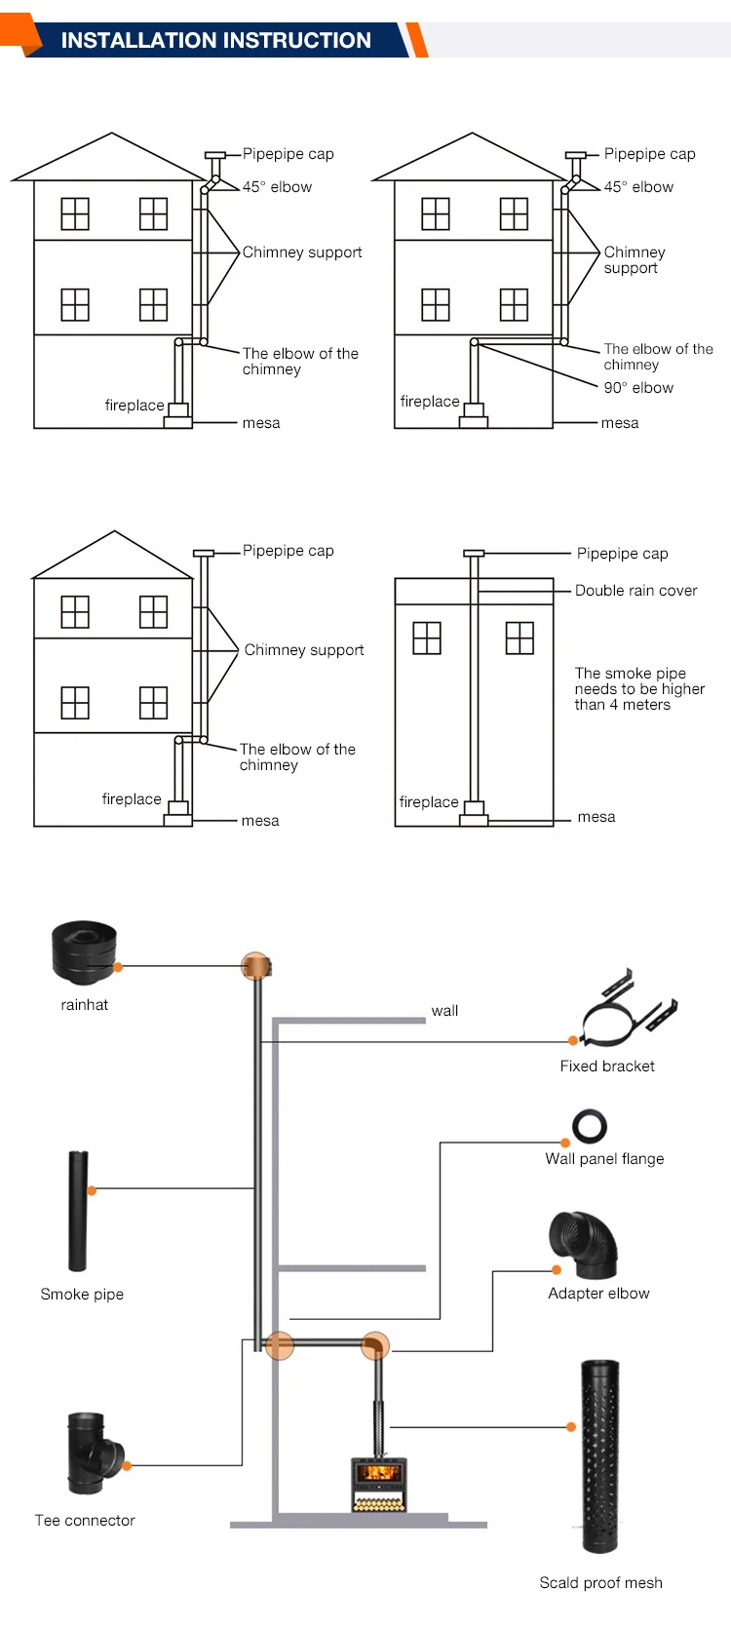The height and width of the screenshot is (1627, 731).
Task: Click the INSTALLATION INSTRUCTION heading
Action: coord(215,40)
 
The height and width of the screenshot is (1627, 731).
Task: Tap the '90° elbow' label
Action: coord(638,388)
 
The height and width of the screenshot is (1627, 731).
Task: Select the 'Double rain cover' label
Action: coord(635,591)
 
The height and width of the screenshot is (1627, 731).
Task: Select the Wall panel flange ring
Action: coord(590,1126)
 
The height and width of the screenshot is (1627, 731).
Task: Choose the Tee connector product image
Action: coord(93,1453)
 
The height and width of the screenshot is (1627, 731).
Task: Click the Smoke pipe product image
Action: coord(78,1211)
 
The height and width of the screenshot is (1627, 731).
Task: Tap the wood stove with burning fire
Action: coord(378,1484)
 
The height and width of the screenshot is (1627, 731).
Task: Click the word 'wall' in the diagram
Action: coord(444,1011)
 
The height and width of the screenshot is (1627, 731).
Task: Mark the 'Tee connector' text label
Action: coord(85,1521)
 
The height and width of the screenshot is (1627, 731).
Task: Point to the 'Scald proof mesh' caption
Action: coord(600,1583)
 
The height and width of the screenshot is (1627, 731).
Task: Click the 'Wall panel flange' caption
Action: coord(604,1159)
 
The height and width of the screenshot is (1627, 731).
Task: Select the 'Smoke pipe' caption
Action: coord(82,1295)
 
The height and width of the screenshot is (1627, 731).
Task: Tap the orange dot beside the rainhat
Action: coord(118,967)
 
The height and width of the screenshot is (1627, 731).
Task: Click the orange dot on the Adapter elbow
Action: coord(557,1270)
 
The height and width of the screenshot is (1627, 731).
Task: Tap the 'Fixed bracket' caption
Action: coord(607,1066)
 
